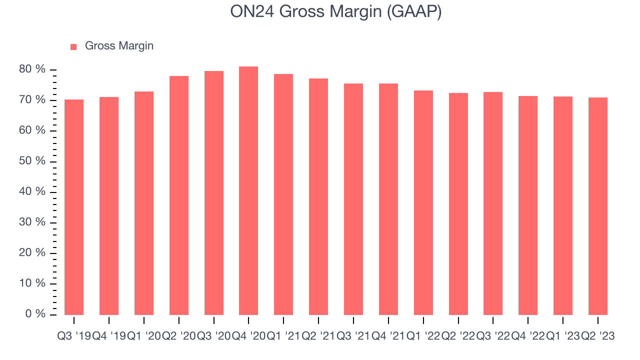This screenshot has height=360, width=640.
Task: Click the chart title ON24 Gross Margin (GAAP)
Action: [x=335, y=12]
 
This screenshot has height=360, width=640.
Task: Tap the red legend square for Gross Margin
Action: [x=73, y=47]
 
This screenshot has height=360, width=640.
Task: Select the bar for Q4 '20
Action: [x=248, y=190]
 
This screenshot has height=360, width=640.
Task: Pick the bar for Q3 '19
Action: [x=74, y=207]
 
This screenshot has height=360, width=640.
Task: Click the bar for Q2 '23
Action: [x=598, y=206]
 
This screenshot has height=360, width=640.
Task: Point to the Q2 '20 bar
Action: [x=179, y=195]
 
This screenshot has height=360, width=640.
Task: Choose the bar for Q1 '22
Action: [x=423, y=203]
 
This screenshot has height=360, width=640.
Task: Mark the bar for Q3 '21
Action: [x=353, y=199]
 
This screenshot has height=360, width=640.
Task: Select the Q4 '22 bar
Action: [x=528, y=205]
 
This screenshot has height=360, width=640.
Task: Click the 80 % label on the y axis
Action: [x=32, y=69]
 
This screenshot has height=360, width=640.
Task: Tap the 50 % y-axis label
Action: [x=32, y=161]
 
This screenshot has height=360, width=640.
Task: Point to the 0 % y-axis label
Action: [x=35, y=313]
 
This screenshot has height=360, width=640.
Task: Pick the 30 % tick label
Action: [x=32, y=222]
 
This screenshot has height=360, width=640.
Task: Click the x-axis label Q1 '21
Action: [x=283, y=336]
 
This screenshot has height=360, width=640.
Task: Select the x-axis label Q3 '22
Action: [x=493, y=336]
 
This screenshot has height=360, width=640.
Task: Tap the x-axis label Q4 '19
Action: [x=109, y=336]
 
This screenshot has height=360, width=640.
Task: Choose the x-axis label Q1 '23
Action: [x=563, y=336]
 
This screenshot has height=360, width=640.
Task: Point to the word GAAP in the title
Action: [x=414, y=12]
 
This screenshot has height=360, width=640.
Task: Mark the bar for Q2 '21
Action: [x=318, y=196]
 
